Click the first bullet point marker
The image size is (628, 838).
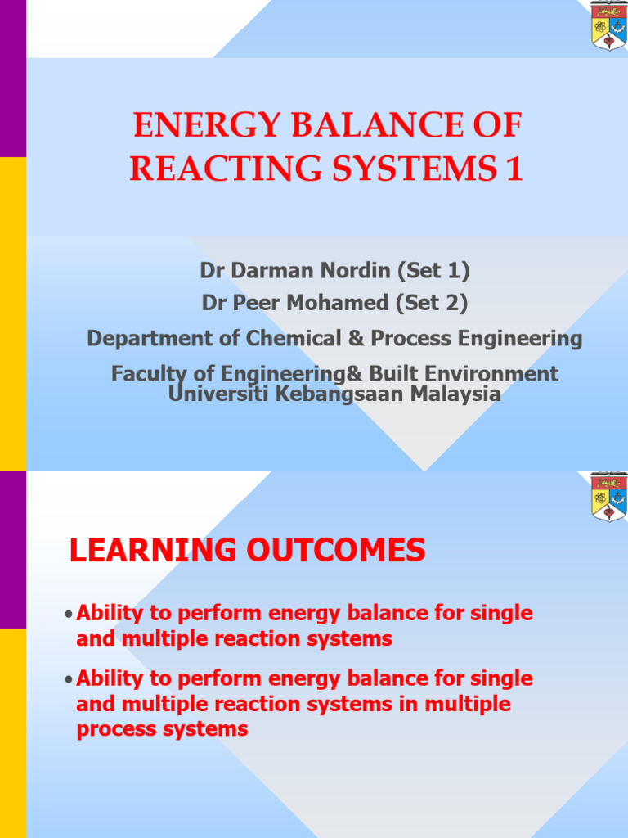point(69,615)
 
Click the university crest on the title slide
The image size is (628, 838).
point(608,25)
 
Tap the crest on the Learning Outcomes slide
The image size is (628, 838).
point(608,497)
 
